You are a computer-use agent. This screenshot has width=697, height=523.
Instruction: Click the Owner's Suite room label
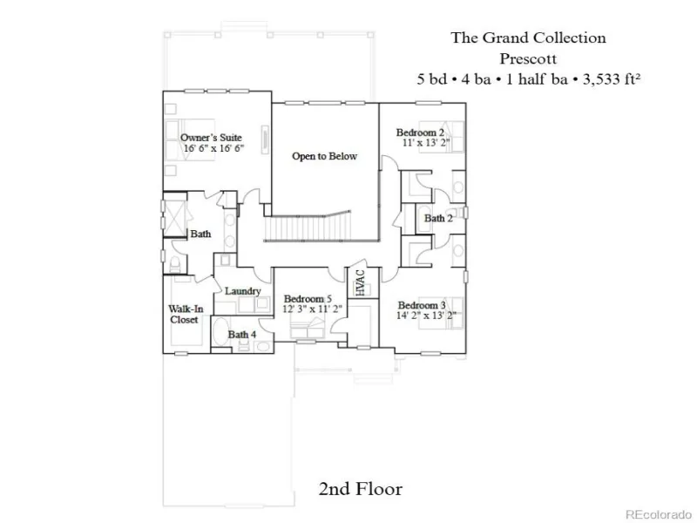coord(211,138)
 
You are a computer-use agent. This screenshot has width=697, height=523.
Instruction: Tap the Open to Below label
coord(324,156)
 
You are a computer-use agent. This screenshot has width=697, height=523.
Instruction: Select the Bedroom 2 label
coord(420,132)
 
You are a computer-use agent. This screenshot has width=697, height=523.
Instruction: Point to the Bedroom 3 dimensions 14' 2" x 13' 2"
coord(426,316)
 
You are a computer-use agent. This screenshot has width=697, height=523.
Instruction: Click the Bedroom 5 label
coord(308,298)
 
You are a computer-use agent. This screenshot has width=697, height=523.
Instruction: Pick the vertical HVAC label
coord(360,282)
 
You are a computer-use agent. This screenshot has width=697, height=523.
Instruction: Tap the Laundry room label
coord(243,291)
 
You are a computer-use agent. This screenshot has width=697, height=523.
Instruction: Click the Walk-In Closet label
coord(186,314)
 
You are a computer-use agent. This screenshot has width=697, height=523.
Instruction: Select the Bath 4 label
coord(242,334)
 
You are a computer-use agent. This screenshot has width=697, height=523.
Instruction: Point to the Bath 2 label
coord(438,218)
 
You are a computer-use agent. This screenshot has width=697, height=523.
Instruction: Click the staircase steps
coord(307,228)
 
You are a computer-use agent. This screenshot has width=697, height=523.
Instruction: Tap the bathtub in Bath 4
coord(220,331)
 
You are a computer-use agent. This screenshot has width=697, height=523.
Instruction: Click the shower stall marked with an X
coord(175,219)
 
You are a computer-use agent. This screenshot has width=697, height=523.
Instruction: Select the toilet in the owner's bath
coord(175,264)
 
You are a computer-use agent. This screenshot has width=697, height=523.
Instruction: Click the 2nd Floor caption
coord(361,489)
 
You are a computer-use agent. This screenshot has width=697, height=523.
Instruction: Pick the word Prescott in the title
coord(528,58)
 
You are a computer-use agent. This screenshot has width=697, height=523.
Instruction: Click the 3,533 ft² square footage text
coord(612,79)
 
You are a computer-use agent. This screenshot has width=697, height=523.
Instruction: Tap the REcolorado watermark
coord(659,514)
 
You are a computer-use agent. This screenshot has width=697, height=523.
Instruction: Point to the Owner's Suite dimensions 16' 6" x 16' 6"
coord(214,148)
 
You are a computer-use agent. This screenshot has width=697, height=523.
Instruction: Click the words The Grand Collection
coord(529,37)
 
